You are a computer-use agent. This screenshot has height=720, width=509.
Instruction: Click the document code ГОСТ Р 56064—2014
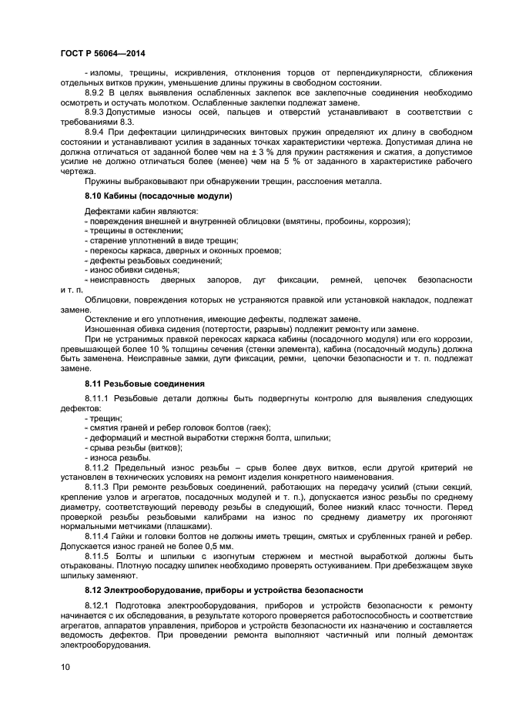coord(102,53)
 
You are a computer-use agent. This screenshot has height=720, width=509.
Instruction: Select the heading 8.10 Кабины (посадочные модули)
coord(159,196)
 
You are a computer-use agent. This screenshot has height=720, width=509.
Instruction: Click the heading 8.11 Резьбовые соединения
coord(144,383)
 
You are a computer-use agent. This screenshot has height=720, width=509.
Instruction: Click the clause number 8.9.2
coord(96,92)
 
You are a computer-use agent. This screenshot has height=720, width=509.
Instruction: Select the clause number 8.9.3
coord(96,112)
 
